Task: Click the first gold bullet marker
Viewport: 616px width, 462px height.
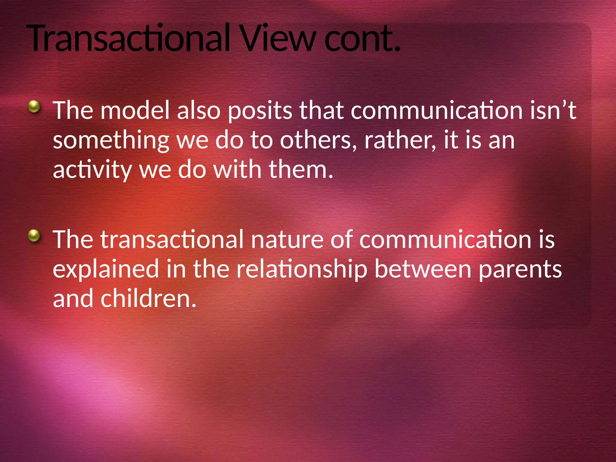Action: coord(34,106)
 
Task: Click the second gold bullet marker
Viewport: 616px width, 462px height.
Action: coord(34,236)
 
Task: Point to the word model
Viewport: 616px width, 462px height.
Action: coord(135,110)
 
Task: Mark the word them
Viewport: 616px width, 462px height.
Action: coord(301,170)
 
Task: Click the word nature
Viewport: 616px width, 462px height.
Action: coord(287,240)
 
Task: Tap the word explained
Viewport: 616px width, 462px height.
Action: coord(106,269)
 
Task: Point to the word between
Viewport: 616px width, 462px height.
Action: coord(423,269)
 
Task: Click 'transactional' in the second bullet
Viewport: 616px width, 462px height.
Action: coord(172,239)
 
